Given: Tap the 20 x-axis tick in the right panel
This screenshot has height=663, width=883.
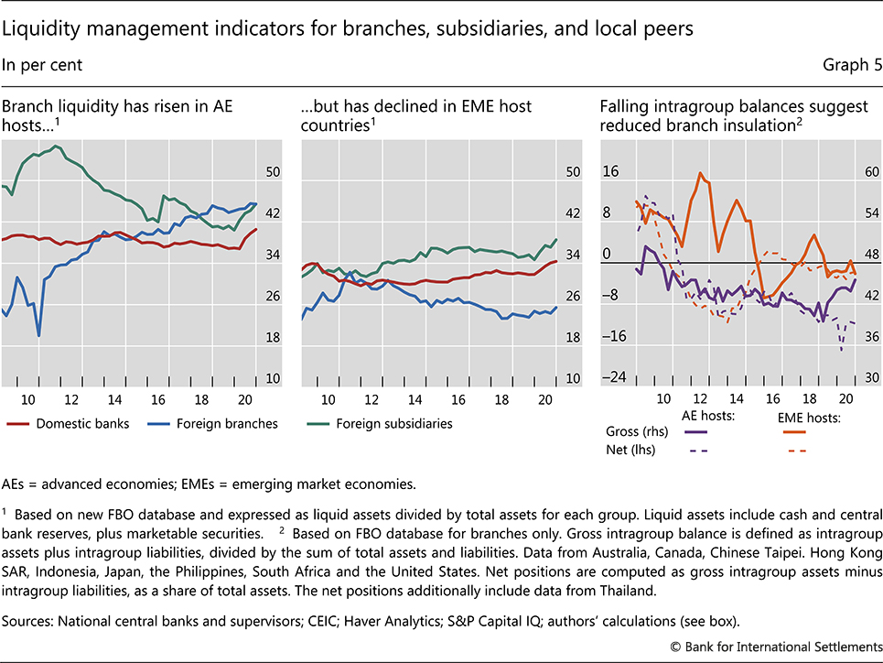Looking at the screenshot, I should pyautogui.click(x=847, y=399).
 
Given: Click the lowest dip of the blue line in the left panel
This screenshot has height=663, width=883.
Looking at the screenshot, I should pyautogui.click(x=39, y=335).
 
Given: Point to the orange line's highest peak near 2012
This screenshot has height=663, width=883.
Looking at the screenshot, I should pyautogui.click(x=700, y=173).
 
